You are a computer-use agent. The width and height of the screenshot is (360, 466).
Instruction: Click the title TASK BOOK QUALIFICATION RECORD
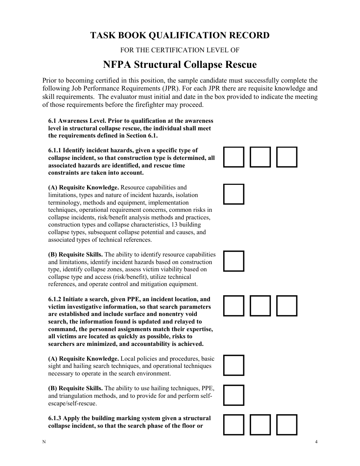click(180, 35)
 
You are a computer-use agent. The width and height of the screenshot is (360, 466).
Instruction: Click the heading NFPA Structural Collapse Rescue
click(180, 65)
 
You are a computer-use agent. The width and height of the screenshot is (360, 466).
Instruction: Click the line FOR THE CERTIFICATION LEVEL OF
click(180, 50)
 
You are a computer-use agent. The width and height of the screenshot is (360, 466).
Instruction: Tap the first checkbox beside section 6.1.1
click(233, 157)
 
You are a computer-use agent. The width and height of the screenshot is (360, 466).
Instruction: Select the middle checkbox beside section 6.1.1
click(260, 157)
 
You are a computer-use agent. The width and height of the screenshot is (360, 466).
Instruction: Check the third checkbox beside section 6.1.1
click(286, 157)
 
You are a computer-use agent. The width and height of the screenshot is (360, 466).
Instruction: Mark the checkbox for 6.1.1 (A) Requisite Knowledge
click(233, 194)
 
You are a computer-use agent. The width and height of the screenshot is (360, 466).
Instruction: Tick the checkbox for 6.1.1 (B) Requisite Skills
click(233, 261)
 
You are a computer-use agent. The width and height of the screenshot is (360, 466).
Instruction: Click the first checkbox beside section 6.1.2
click(233, 306)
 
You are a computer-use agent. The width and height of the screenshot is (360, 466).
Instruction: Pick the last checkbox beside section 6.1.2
click(286, 306)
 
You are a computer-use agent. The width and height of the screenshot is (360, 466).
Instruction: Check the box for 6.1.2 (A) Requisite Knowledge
click(233, 365)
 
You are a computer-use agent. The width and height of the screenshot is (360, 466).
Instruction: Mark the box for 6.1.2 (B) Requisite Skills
click(233, 395)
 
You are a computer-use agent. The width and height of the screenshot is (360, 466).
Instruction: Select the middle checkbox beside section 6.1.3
click(260, 425)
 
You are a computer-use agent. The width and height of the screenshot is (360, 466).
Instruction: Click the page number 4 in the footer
click(316, 442)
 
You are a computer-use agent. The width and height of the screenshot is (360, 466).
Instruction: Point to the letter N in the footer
click(44, 442)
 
